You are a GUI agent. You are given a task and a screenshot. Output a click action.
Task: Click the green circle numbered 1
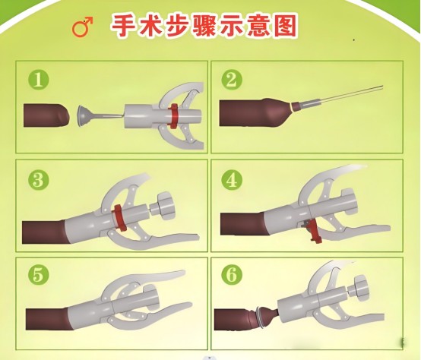(x=39, y=80)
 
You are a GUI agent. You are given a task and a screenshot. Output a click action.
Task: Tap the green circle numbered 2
(x=232, y=80)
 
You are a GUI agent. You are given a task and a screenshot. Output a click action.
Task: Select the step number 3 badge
(x=39, y=179)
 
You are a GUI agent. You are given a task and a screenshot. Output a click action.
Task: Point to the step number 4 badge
(x=232, y=179)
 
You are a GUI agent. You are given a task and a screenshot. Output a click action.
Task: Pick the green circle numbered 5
(x=39, y=274)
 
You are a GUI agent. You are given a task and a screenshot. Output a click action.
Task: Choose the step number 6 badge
(x=232, y=274)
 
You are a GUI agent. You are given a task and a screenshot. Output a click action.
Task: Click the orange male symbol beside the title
(x=82, y=27)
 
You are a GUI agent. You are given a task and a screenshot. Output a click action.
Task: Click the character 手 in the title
(x=124, y=26)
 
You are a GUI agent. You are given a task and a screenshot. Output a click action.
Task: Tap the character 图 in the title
(x=286, y=26)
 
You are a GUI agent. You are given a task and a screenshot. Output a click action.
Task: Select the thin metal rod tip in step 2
(x=381, y=87)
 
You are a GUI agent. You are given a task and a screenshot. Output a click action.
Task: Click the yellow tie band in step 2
(x=291, y=108)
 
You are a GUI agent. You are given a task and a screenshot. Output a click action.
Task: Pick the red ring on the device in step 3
(x=119, y=217)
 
